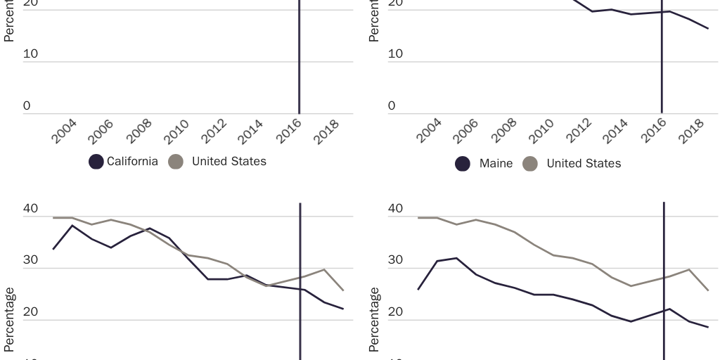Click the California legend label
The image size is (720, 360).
click(132, 162)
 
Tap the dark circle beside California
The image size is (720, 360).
click(96, 162)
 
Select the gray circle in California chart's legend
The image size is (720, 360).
click(176, 162)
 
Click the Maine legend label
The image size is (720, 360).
click(496, 163)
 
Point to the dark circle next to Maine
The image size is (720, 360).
click(462, 164)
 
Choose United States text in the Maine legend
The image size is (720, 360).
click(584, 163)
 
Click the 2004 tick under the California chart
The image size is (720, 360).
click(65, 131)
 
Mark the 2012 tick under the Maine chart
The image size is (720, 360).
click(579, 131)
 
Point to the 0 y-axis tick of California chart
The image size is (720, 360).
click(27, 105)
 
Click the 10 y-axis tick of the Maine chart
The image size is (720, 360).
click(395, 54)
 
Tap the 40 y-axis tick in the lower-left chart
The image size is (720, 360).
click(31, 209)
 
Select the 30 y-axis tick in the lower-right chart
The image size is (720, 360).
click(395, 260)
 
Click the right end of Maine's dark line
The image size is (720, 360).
click(708, 28)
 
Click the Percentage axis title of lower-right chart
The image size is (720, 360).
click(375, 320)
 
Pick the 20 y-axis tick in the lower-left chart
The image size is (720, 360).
click(31, 311)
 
